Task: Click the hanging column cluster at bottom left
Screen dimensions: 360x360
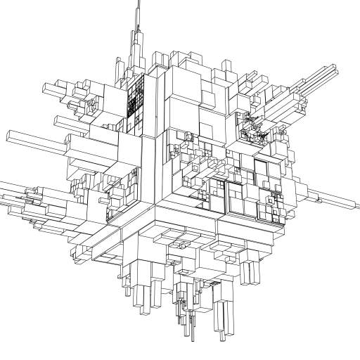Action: pyautogui.click(x=144, y=292)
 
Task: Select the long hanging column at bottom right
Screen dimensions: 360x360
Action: pyautogui.click(x=224, y=320)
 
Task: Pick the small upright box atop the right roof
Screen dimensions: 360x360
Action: pyautogui.click(x=228, y=67)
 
